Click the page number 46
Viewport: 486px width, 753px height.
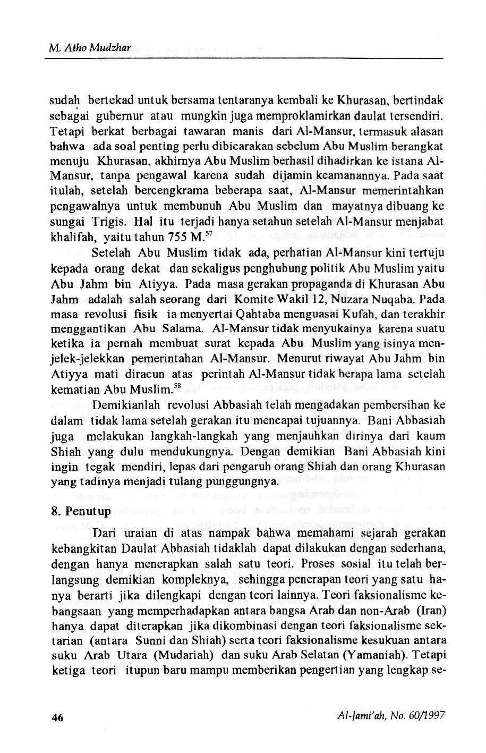57,716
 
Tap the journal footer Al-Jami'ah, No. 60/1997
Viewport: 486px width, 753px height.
390,715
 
